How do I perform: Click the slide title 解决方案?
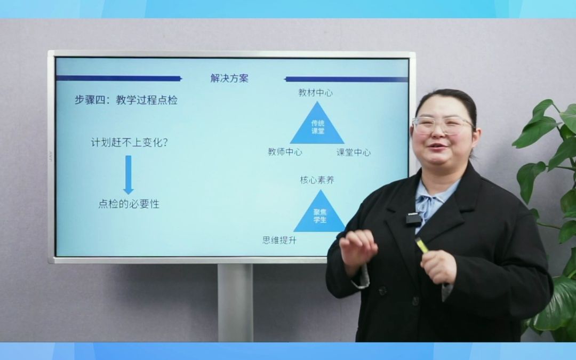[x=229, y=78]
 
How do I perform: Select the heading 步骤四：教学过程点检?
[x=125, y=100]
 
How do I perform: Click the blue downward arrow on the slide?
[x=128, y=174]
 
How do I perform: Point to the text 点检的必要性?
[x=129, y=204]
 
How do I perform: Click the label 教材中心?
[x=316, y=93]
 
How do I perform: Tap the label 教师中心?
[x=285, y=152]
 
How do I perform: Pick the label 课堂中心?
[x=354, y=153]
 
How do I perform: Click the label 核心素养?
[x=317, y=180]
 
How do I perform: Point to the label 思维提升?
[x=279, y=241]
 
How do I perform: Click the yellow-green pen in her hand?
[x=421, y=245]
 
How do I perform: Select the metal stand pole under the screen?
[x=235, y=301]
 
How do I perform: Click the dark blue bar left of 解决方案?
[x=118, y=78]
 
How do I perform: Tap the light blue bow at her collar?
[x=430, y=205]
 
